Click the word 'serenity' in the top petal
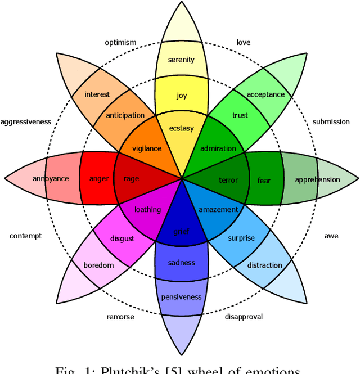pyautogui.click(x=181, y=60)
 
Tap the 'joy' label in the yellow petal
pyautogui.click(x=181, y=96)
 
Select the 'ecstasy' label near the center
pyautogui.click(x=181, y=128)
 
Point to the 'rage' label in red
pyautogui.click(x=131, y=179)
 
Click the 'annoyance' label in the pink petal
pyautogui.click(x=51, y=179)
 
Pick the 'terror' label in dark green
pyautogui.click(x=228, y=180)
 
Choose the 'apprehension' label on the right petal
pyautogui.click(x=317, y=180)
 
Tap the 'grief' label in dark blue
pyautogui.click(x=181, y=231)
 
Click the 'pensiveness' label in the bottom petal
pyautogui.click(x=181, y=297)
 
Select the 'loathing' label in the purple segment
pyautogui.click(x=147, y=210)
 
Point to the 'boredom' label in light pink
pyautogui.click(x=98, y=265)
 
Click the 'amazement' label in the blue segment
pyautogui.click(x=219, y=210)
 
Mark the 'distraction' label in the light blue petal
pyautogui.click(x=264, y=265)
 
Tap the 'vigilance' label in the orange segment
pyautogui.click(x=146, y=149)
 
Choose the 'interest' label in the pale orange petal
pyautogui.click(x=97, y=94)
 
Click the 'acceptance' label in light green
pyautogui.click(x=265, y=94)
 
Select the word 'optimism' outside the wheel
pyautogui.click(x=120, y=43)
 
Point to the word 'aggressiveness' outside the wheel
pyautogui.click(x=26, y=122)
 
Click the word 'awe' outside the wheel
pyautogui.click(x=331, y=236)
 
